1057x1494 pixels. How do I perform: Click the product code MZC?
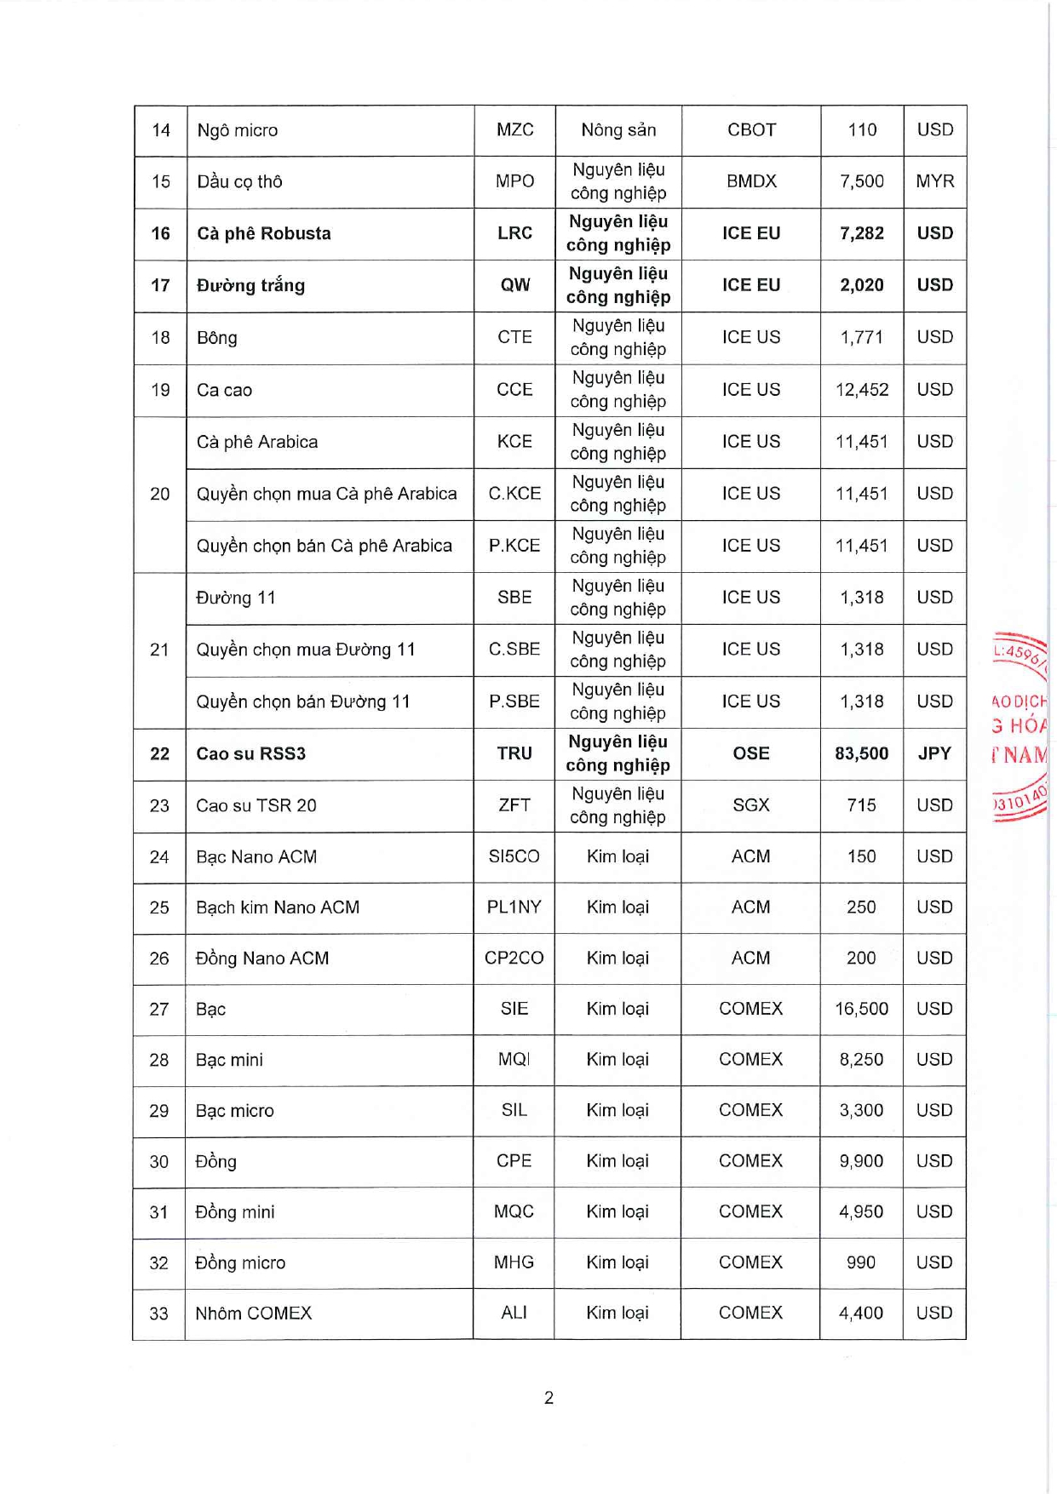click(514, 130)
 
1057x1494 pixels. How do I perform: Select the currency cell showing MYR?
click(934, 181)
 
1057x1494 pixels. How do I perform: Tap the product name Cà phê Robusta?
click(263, 233)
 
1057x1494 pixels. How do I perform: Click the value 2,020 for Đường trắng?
click(861, 285)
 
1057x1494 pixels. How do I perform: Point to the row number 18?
click(160, 338)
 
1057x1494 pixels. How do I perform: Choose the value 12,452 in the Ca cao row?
click(861, 390)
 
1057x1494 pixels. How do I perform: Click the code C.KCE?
click(514, 494)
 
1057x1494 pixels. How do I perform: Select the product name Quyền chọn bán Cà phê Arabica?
click(324, 546)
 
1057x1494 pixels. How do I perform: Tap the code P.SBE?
click(514, 701)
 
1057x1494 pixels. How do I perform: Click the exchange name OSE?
click(750, 753)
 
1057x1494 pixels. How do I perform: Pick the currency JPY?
click(934, 753)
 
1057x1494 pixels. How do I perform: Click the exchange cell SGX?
click(750, 805)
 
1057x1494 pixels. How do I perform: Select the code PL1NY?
click(514, 907)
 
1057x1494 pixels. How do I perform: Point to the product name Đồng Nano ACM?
click(261, 959)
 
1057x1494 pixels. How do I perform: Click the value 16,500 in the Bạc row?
click(861, 1009)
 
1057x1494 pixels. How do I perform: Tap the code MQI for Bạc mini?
click(514, 1060)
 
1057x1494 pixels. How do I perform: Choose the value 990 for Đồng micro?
click(860, 1262)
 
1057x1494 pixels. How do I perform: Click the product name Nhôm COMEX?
click(253, 1314)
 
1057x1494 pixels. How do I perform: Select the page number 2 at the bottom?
click(549, 1398)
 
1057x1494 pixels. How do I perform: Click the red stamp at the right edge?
click(1020, 728)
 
